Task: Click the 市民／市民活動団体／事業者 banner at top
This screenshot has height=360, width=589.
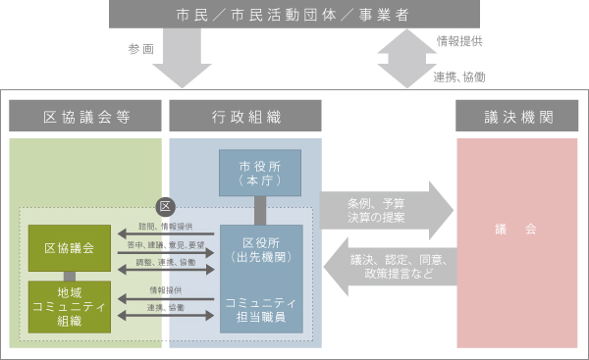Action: point(294,16)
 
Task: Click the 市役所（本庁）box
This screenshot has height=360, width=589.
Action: point(259,174)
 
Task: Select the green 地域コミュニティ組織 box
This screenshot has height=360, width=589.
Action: point(70,304)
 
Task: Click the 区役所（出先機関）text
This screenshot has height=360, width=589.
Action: point(258,250)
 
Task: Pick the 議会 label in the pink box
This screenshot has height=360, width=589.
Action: point(516,228)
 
